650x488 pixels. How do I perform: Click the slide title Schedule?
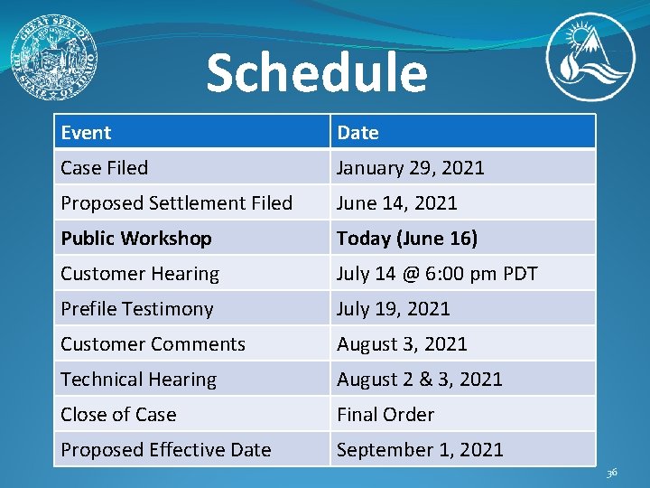click(316, 73)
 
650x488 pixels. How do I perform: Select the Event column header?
click(86, 133)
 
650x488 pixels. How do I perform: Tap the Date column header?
click(357, 133)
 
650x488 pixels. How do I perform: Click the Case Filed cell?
click(104, 168)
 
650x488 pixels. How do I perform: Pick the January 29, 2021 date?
click(410, 168)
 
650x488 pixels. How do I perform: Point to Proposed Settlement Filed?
click(176, 203)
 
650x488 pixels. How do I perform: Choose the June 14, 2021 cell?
click(396, 203)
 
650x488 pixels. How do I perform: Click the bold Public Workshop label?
click(135, 239)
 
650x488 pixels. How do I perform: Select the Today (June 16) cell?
click(406, 239)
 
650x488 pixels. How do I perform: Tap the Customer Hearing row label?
click(139, 274)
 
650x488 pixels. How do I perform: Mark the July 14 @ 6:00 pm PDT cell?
click(437, 274)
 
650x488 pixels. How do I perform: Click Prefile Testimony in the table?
click(136, 309)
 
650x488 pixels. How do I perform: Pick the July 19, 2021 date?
click(393, 309)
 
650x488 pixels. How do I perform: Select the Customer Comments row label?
click(153, 344)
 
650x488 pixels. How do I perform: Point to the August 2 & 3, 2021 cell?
click(419, 380)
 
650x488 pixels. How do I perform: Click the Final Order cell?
click(385, 415)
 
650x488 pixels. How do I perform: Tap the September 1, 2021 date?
click(420, 450)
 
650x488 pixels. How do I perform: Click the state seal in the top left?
click(54, 56)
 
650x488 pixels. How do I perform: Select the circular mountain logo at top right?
click(591, 56)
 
